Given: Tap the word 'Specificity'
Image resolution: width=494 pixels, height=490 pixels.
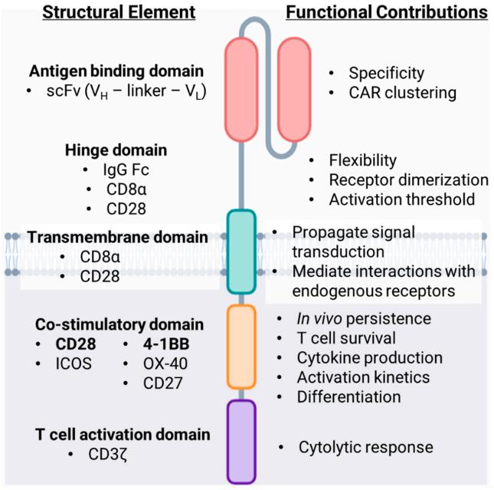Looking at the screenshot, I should click(x=386, y=74).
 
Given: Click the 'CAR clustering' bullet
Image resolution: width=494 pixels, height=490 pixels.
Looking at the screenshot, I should click(x=402, y=93).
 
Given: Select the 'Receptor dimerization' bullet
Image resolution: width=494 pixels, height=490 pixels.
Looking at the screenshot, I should click(x=408, y=180).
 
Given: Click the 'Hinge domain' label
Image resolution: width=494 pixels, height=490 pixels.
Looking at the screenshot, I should click(x=113, y=150).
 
